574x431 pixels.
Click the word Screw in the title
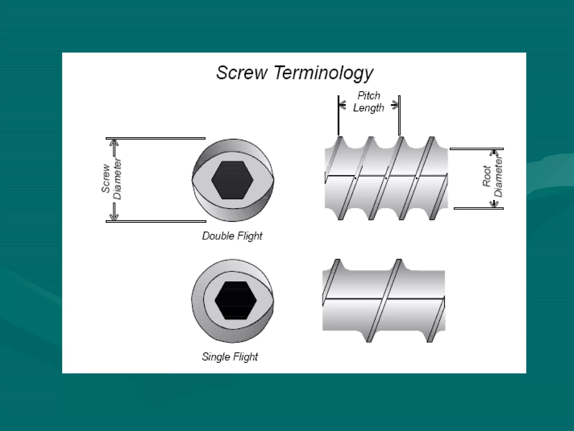[242, 73]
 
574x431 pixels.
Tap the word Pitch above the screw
[369, 96]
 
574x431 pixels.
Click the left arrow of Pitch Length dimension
[342, 105]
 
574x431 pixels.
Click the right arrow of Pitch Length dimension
[395, 105]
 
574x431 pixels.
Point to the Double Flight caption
[232, 236]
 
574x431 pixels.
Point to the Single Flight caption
[230, 357]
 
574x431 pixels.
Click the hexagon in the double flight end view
[232, 180]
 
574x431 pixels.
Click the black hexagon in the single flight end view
[235, 300]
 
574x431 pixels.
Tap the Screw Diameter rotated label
[112, 180]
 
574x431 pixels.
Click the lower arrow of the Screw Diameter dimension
[114, 213]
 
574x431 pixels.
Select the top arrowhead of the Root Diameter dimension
[494, 154]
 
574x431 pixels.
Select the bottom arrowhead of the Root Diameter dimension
[494, 203]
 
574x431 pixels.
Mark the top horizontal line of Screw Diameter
[156, 138]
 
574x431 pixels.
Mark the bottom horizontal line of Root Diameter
[478, 208]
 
